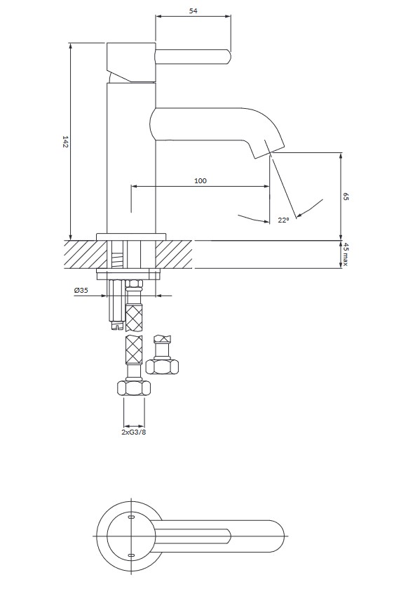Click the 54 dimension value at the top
point(193,11)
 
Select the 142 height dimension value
point(65,142)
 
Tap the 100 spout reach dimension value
point(201,180)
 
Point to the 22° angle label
point(284,220)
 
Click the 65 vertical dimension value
point(346,196)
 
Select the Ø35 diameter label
point(81,290)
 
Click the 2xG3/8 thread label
point(134,432)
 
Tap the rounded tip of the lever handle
point(228,57)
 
